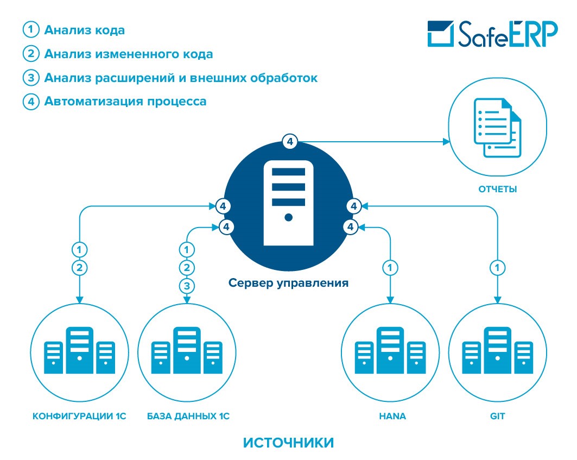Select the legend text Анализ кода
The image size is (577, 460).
click(x=85, y=30)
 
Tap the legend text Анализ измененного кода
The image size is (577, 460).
click(x=129, y=54)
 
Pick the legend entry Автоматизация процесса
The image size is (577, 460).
click(x=125, y=101)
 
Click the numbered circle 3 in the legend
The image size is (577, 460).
click(x=30, y=78)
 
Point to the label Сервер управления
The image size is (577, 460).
click(x=288, y=283)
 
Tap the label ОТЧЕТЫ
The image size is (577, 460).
click(x=497, y=190)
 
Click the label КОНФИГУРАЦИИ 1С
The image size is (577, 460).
click(x=80, y=417)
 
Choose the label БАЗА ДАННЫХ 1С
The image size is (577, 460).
click(x=188, y=417)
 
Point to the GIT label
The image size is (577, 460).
click(x=497, y=417)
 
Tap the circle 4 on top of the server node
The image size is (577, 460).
click(x=289, y=142)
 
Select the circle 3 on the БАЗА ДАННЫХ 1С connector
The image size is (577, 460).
click(x=187, y=285)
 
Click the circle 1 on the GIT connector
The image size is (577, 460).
click(x=497, y=267)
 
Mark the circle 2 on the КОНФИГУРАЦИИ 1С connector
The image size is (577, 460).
click(x=80, y=267)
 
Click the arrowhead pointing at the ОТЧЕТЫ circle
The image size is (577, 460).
click(x=447, y=142)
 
